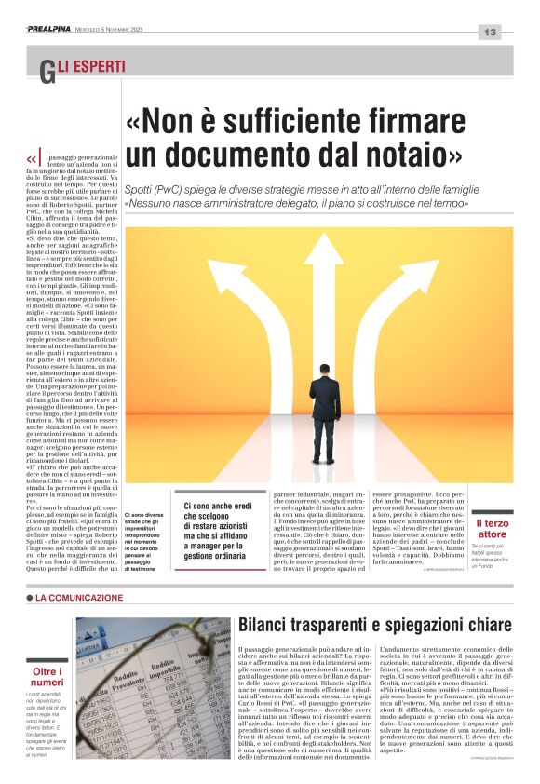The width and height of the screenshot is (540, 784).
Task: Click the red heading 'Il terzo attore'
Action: click(491, 529)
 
